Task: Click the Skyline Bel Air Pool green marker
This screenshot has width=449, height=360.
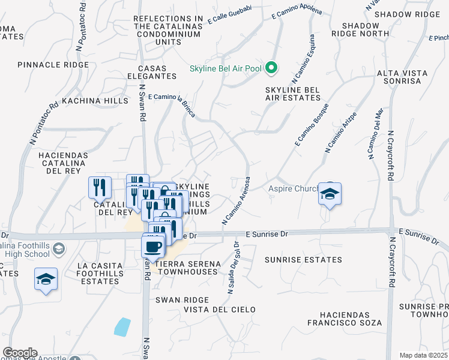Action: [x=271, y=68]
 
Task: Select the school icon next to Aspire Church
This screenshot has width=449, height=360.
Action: [x=330, y=194]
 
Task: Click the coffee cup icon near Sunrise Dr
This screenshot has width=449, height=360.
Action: [x=153, y=246]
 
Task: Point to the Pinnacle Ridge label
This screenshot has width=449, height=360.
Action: [x=53, y=65]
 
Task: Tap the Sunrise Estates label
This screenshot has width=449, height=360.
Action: [x=303, y=260]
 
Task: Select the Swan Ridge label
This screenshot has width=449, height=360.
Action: [x=182, y=299]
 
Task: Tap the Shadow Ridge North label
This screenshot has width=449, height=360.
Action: [x=361, y=30]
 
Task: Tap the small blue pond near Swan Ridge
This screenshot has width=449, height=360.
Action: [x=122, y=326]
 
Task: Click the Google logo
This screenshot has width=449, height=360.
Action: [x=20, y=353]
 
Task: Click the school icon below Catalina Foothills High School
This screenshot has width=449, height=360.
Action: [x=46, y=279]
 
